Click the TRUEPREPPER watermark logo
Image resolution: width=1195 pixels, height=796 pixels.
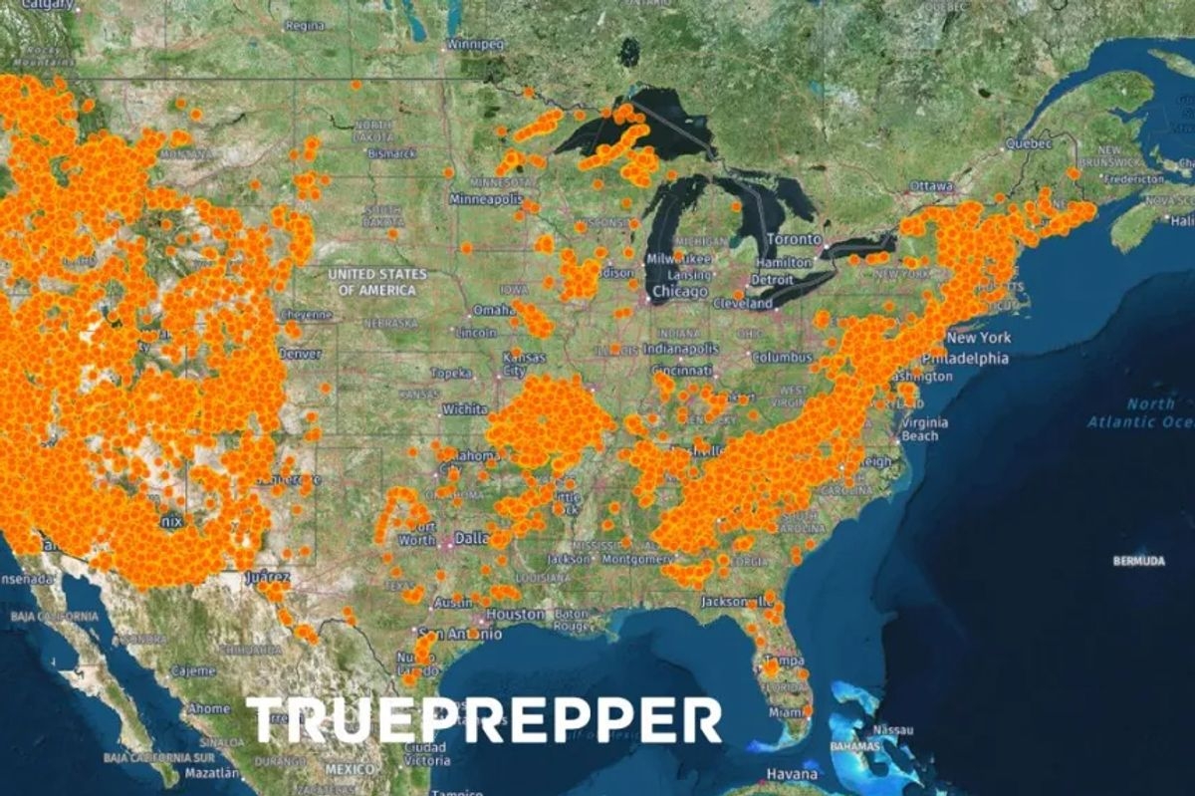484,719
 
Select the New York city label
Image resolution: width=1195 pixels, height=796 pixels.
979,338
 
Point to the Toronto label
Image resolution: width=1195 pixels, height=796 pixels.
794,240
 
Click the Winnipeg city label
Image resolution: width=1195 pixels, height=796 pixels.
476,45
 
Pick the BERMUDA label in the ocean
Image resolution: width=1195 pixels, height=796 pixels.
1138,561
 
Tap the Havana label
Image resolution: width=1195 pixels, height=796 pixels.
792,774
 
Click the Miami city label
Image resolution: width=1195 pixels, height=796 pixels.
786,713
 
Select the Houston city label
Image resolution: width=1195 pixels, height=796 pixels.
515,615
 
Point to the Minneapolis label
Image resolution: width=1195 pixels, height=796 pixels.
486,199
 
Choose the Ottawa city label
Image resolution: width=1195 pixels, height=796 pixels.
932,186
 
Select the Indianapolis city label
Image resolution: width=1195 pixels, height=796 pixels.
680,350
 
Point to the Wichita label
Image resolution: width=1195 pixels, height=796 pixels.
465,408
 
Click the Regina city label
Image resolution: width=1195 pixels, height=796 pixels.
304,26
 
